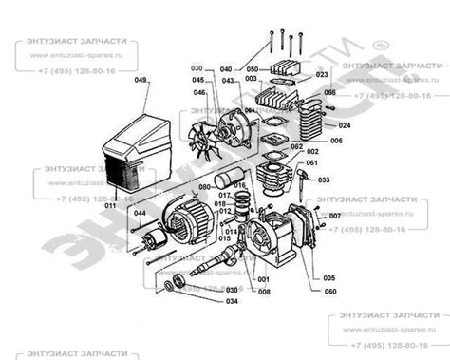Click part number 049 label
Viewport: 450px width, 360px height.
coord(141,82)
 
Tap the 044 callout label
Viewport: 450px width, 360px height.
coord(140,214)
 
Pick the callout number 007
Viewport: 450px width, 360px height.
coord(335,217)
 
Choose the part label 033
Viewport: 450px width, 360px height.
coord(324,179)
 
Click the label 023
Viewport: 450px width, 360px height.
coord(322,74)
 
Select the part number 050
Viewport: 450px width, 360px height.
coord(253,69)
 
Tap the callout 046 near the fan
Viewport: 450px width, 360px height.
coord(199,92)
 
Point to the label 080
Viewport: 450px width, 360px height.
coord(203,187)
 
